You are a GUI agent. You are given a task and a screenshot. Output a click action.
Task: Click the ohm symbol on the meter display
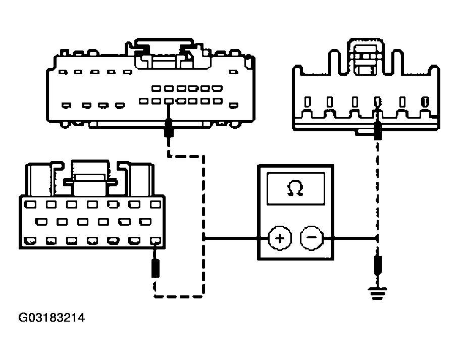(295, 188)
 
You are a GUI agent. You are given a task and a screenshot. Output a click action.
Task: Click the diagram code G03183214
(52, 318)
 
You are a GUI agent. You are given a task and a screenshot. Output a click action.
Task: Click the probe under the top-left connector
(169, 128)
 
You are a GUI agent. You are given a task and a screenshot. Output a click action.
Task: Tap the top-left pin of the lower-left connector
(30, 204)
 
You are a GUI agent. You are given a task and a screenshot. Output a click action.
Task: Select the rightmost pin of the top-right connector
(426, 102)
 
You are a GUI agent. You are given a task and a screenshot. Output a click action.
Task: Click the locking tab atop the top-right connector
(366, 56)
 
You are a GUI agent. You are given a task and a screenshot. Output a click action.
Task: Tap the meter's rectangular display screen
(295, 188)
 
